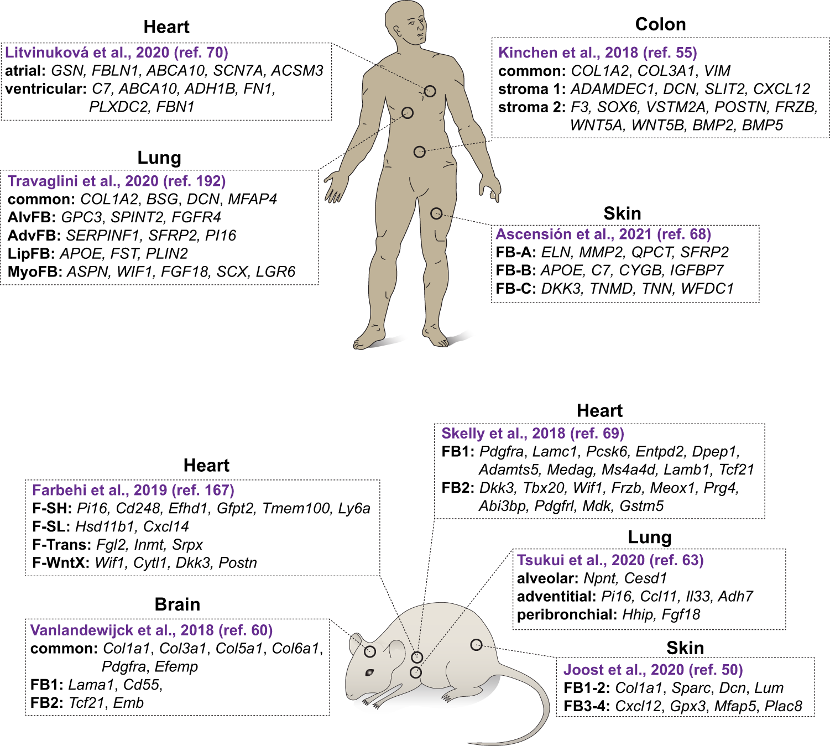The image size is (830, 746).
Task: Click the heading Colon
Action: pos(660,24)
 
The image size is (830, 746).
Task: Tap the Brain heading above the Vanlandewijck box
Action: pos(177,604)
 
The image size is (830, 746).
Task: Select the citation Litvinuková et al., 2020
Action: pos(117,53)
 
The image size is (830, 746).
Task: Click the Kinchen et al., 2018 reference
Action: pos(597,53)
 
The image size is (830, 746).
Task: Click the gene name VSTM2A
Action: pos(670,107)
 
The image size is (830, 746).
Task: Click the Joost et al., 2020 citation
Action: pos(652,670)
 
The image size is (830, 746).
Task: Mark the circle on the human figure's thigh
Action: pos(436,213)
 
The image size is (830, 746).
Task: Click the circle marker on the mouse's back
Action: pos(476,645)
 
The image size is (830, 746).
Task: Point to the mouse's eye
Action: pos(369,672)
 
